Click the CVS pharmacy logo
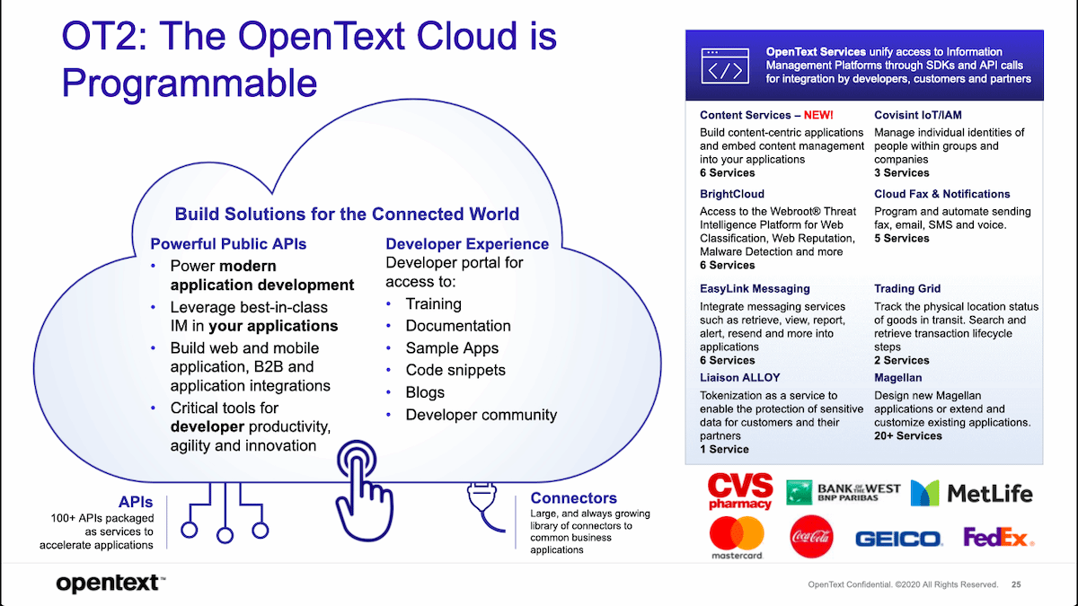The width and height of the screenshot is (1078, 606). coord(740,491)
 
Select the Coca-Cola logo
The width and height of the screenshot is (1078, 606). coord(810,538)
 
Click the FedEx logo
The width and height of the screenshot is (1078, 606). coord(998,538)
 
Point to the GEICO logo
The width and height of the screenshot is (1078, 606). coord(897,539)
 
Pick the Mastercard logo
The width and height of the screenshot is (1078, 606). coord(737,539)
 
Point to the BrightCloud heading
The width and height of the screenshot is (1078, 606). coord(732,194)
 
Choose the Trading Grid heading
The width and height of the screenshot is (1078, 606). coord(907,289)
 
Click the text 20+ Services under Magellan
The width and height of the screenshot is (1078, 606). coord(908,435)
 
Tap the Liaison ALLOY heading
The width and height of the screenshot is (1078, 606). coord(740,378)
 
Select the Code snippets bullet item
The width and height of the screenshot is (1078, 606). coord(455,370)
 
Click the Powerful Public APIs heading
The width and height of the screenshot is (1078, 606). coord(228,244)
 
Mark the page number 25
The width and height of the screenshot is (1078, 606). coord(1016,584)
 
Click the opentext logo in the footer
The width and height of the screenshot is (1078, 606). coord(110,584)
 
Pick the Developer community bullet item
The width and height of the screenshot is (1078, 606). coord(482,415)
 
